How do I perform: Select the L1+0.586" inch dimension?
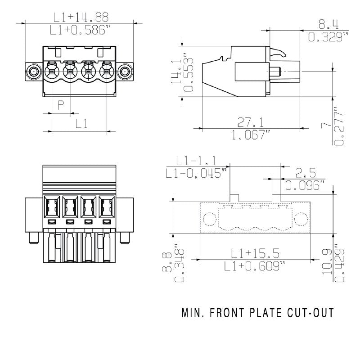tap(81, 30)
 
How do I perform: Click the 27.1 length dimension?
tap(251, 122)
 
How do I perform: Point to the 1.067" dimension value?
tap(251, 135)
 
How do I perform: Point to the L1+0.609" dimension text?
tap(255, 266)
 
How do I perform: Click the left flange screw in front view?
tap(33, 71)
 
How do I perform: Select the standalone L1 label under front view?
tap(81, 124)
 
